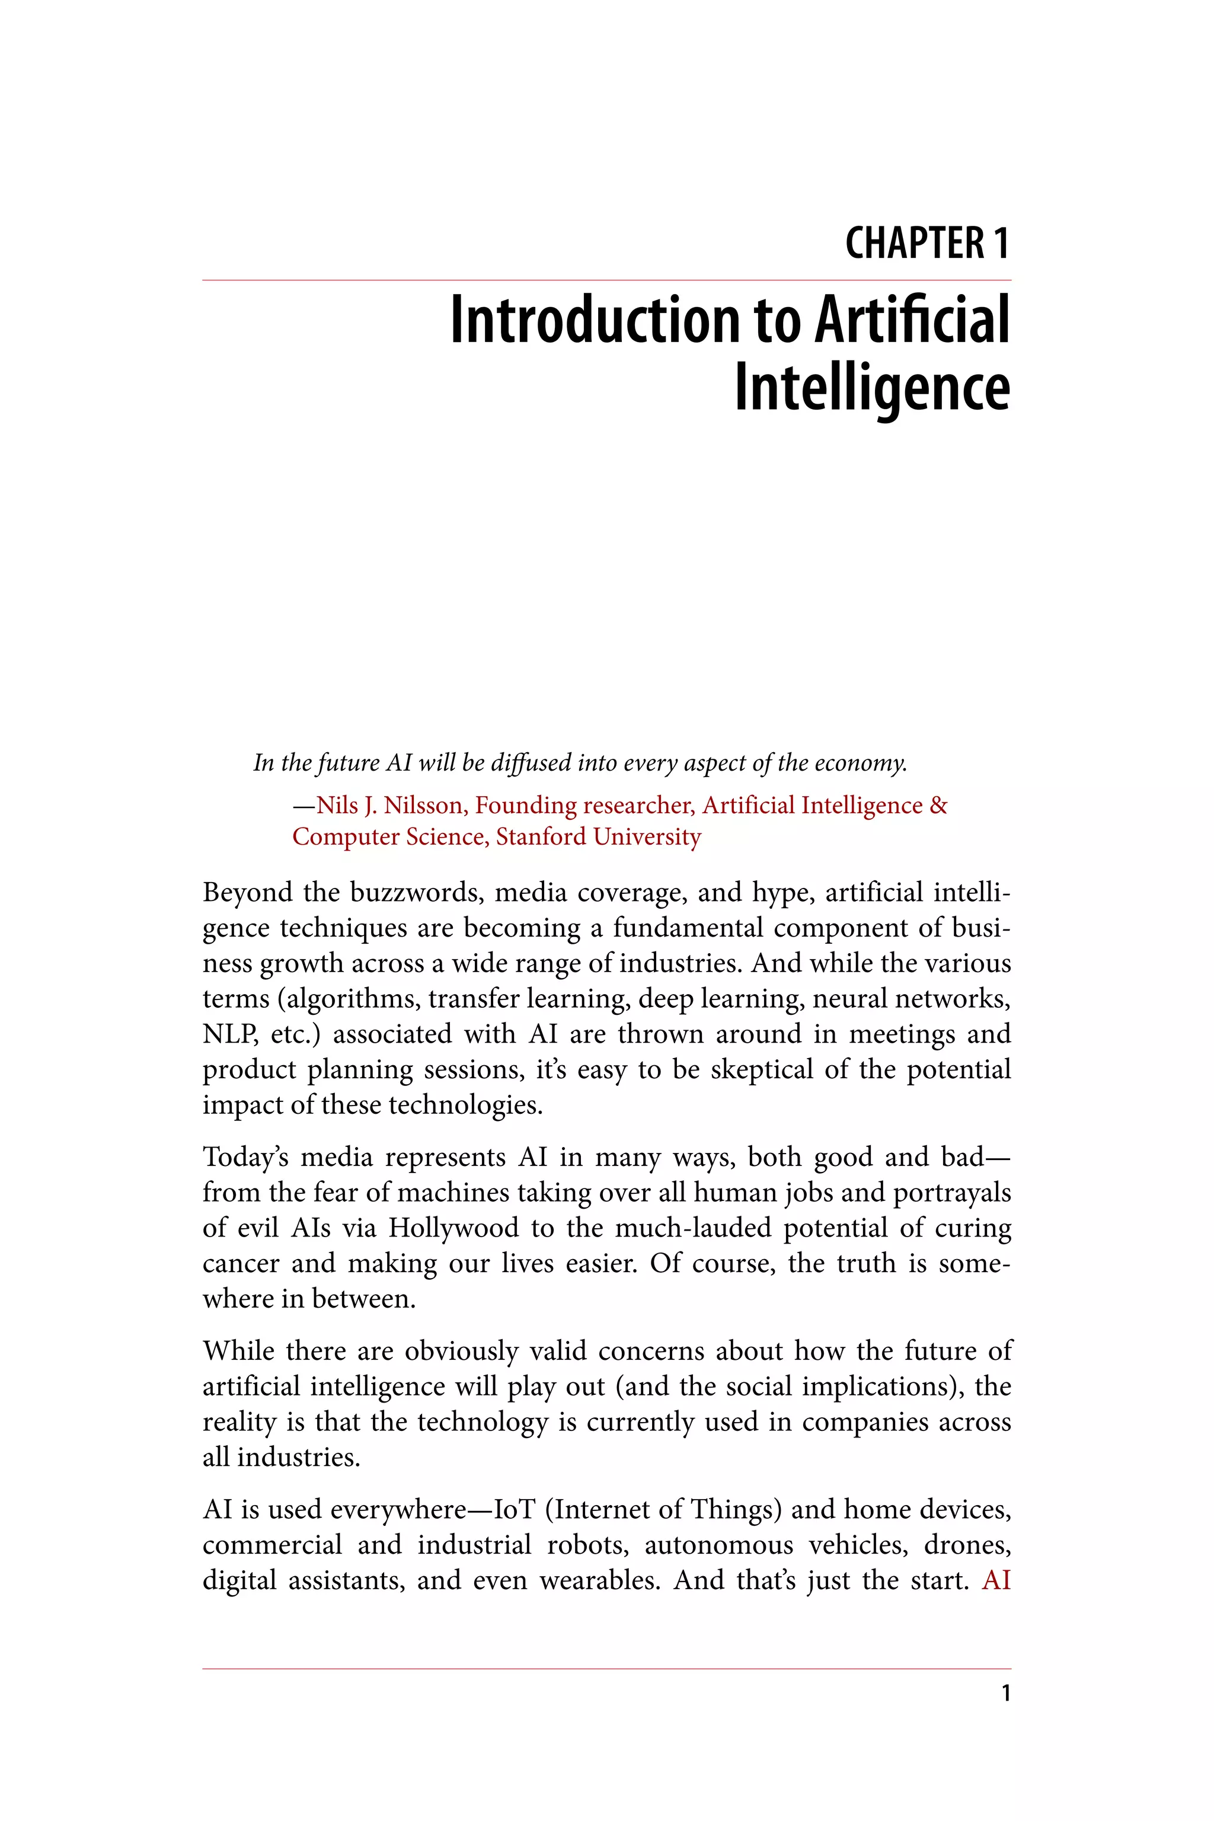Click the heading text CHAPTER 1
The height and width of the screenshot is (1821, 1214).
coord(927,243)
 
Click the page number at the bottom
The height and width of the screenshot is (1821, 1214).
coord(1006,1693)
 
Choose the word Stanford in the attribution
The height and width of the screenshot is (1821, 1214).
coord(541,837)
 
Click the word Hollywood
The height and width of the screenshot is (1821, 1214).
coord(453,1229)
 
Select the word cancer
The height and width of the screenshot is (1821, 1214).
coord(239,1264)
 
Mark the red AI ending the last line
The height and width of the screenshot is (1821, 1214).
coord(996,1580)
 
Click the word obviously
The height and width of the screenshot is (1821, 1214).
coord(461,1352)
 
